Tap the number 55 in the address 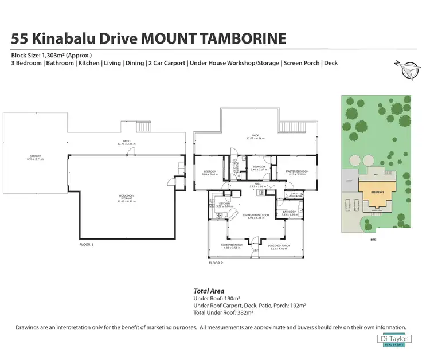(x=20, y=39)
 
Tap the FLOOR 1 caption (x=86, y=245)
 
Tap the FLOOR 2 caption (x=216, y=263)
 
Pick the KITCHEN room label (x=224, y=204)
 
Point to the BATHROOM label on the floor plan (x=290, y=212)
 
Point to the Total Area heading (x=209, y=291)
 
